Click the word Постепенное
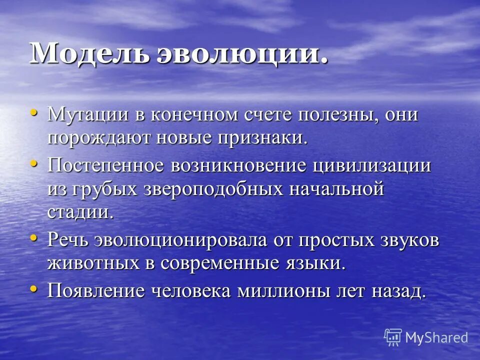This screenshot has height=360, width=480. coord(107,165)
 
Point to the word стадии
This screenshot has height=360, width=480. coord(80,211)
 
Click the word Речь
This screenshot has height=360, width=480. coord(68,239)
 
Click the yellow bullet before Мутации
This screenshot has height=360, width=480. coord(34,112)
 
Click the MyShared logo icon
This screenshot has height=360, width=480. coord(393,337)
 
